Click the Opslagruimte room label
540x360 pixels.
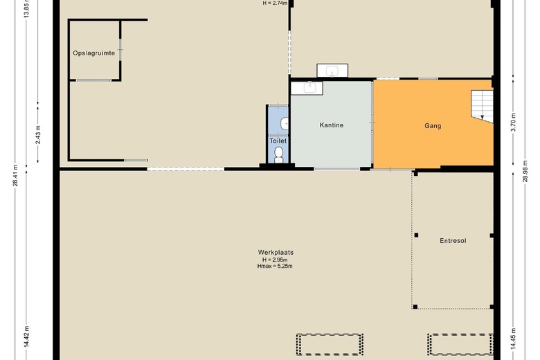click(x=93, y=53)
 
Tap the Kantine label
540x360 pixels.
click(x=332, y=125)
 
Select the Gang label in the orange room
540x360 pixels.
click(x=433, y=126)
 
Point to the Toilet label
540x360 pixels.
click(x=278, y=141)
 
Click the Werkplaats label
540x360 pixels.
click(x=276, y=252)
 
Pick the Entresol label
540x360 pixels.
click(x=453, y=241)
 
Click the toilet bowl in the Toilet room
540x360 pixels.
click(x=278, y=155)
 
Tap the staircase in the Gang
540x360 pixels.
click(x=482, y=106)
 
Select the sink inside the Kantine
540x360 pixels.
click(x=307, y=88)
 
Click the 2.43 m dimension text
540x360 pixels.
click(x=38, y=135)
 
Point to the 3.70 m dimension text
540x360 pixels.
click(x=513, y=123)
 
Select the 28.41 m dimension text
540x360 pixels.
click(x=15, y=174)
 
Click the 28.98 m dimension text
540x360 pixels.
click(x=525, y=171)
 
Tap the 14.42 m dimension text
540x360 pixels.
click(x=27, y=337)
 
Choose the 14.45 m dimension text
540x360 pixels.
click(x=513, y=339)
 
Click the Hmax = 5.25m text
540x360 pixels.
click(x=275, y=266)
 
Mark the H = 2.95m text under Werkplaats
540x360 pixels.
click(x=275, y=260)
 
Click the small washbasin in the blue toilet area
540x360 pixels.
click(x=285, y=124)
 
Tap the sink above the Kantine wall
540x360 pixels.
click(x=332, y=71)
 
